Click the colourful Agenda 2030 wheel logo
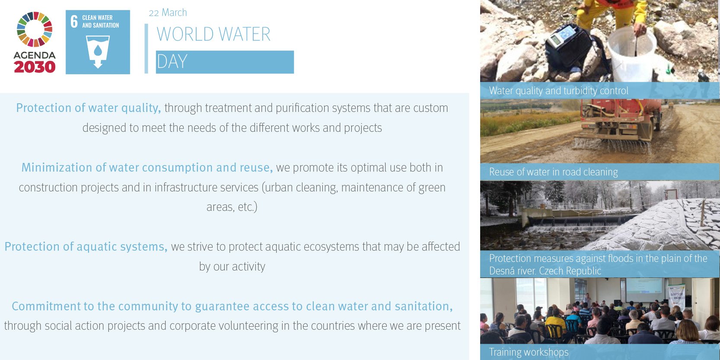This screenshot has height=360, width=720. (x=35, y=29)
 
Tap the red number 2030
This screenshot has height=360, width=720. (x=35, y=67)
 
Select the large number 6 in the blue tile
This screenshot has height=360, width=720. (x=74, y=22)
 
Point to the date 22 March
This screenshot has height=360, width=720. (x=168, y=13)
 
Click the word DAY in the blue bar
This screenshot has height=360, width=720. (x=172, y=61)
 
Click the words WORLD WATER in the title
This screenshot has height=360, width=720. (x=213, y=34)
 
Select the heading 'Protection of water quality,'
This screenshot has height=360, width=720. (x=89, y=108)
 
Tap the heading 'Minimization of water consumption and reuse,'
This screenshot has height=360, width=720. (x=147, y=167)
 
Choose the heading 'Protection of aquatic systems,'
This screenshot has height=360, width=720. (x=86, y=246)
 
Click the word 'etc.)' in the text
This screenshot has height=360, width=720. (x=248, y=207)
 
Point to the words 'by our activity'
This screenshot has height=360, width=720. (x=232, y=267)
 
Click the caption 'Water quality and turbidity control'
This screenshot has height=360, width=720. (x=559, y=91)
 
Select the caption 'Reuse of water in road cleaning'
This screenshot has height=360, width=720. (x=554, y=172)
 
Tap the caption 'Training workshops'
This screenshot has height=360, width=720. (x=529, y=352)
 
